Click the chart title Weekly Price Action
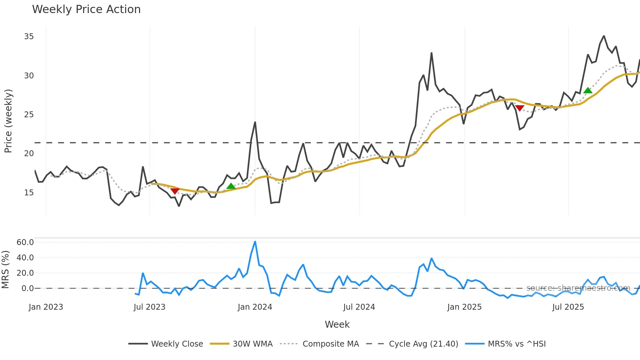86,9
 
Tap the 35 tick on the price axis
29,37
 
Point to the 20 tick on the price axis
29,154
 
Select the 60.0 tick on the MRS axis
25,242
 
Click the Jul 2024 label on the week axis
359,307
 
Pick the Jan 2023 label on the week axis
46,307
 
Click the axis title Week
337,324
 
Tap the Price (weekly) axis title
8,121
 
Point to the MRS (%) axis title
5,270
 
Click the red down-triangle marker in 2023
175,190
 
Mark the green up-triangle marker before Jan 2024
231,186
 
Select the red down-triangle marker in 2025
520,108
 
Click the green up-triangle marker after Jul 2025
588,90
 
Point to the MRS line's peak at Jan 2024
255,242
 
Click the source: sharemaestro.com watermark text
578,288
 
